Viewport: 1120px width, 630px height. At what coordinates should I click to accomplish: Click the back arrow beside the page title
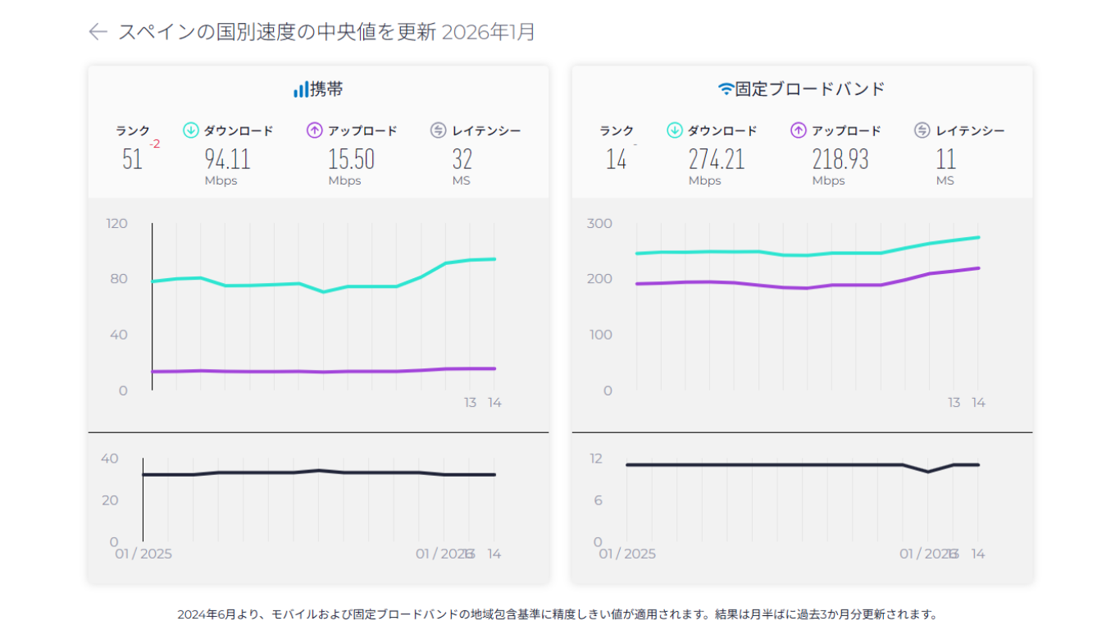coord(98,32)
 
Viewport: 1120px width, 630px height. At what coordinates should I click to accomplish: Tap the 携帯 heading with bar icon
coord(318,89)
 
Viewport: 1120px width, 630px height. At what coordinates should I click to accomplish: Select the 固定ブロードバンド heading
coord(801,89)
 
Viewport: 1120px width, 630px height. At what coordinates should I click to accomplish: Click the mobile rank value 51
coord(132,159)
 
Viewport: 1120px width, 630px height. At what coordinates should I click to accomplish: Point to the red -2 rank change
coord(154,144)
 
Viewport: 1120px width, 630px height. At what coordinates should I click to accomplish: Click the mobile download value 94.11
coord(227,159)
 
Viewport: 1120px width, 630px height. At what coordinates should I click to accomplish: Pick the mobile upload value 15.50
coord(351,159)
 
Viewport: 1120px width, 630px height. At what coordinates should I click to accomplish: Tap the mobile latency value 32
coord(462,159)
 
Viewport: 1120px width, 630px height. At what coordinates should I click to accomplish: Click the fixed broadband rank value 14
coord(616,159)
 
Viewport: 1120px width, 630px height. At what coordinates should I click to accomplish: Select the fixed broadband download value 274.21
coord(716,159)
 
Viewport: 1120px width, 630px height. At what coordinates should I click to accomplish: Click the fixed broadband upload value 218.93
coord(840,159)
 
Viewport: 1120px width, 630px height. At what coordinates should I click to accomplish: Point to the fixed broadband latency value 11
coord(945,159)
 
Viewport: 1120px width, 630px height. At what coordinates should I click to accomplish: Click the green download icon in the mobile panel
coord(191,130)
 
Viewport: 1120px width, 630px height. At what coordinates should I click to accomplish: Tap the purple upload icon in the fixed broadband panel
coord(799,130)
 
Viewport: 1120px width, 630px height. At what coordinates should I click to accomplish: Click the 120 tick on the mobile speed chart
coord(117,223)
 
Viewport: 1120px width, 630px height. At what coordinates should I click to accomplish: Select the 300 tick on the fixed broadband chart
coord(599,223)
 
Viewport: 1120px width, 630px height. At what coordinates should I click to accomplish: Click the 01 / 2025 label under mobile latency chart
coord(143,554)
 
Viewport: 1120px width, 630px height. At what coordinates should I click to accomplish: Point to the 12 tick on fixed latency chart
coord(598,459)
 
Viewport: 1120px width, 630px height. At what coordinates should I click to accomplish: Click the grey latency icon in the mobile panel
coord(438,130)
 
